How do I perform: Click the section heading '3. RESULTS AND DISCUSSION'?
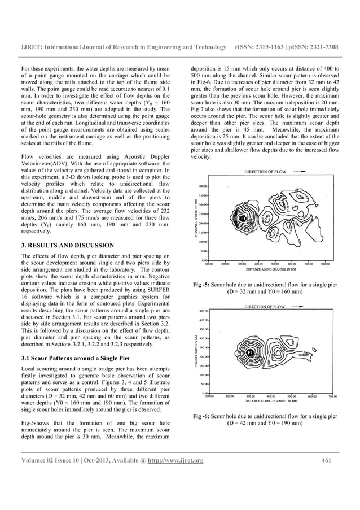click(67, 245)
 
